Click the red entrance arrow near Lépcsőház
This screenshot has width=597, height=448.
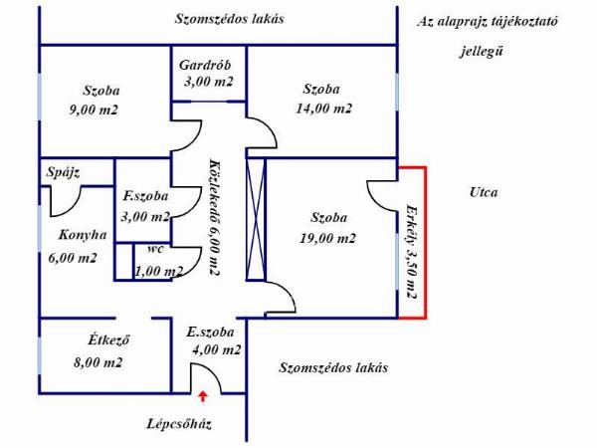(203, 396)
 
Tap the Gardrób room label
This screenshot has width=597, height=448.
(205, 65)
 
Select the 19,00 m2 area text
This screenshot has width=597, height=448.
(327, 239)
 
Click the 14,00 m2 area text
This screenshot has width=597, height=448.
(324, 109)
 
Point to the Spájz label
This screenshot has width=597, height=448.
(64, 172)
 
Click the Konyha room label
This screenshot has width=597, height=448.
(83, 235)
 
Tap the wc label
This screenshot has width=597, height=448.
(156, 249)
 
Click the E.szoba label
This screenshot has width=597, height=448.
(210, 333)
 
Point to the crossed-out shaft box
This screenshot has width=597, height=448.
(256, 219)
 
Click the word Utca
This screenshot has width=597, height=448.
(484, 192)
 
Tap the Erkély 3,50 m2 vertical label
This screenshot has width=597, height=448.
(411, 252)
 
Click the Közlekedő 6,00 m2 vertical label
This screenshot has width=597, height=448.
(214, 217)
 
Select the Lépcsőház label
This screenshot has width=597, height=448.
(179, 424)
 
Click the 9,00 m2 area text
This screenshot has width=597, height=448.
(94, 110)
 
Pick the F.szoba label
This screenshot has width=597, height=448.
(145, 196)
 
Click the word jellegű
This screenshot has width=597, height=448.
(482, 51)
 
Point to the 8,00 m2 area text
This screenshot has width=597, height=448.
(99, 362)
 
